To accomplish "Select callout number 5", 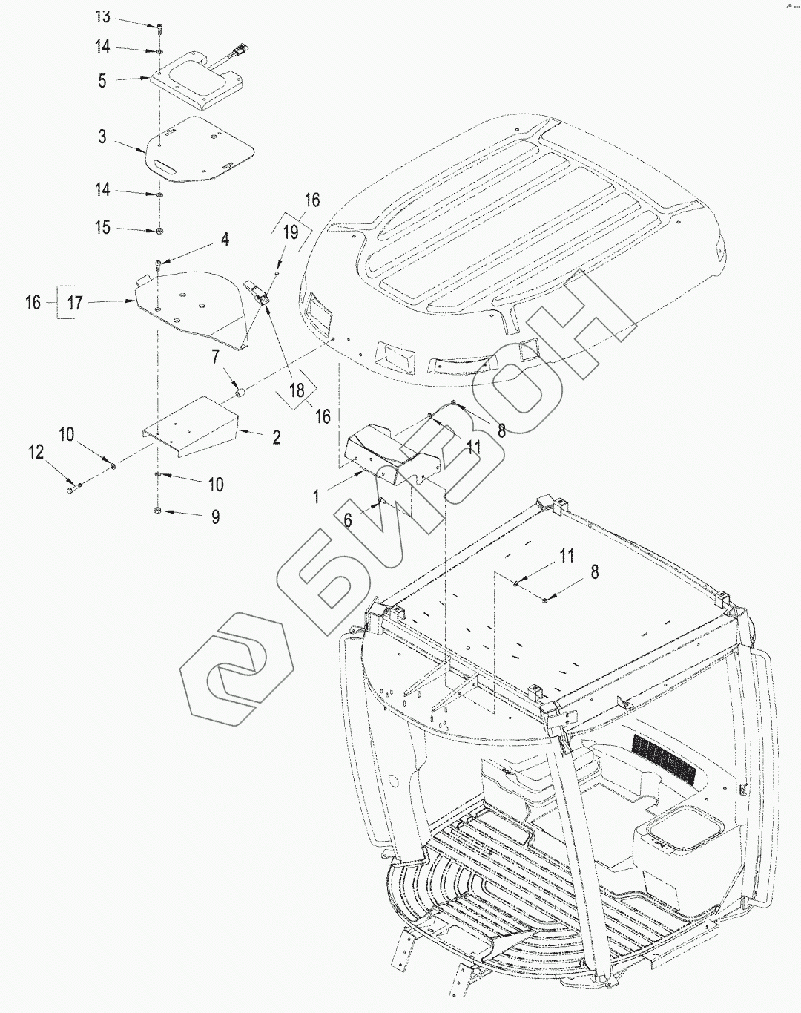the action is (102, 81).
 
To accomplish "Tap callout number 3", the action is (102, 137).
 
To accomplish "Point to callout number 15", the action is (102, 227).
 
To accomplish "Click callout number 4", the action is (224, 239).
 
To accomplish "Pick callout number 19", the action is (291, 232).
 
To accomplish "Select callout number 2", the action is (276, 437).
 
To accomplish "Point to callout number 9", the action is (215, 517).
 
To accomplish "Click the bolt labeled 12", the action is (73, 488).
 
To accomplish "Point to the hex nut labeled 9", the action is (158, 511).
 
